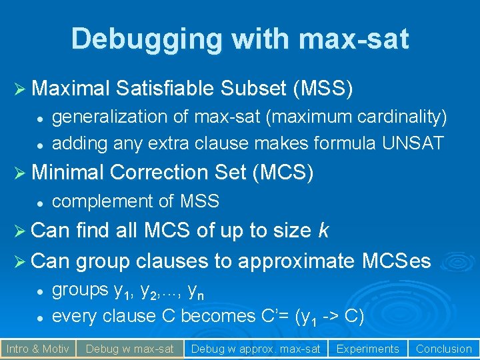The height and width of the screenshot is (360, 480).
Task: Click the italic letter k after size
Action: click(x=323, y=231)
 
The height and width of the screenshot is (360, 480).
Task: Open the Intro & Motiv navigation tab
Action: click(x=37, y=348)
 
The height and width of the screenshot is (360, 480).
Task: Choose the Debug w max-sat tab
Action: click(x=129, y=348)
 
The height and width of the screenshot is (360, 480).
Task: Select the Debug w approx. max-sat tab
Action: click(x=255, y=348)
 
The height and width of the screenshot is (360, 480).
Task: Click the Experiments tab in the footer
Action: click(x=367, y=348)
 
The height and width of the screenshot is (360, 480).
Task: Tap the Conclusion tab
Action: click(x=443, y=348)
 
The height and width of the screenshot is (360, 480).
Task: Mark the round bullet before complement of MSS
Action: click(x=40, y=201)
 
